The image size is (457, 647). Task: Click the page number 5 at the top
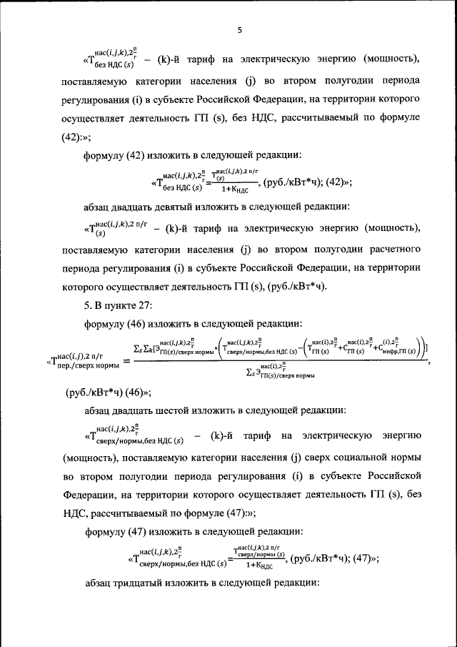point(240,30)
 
